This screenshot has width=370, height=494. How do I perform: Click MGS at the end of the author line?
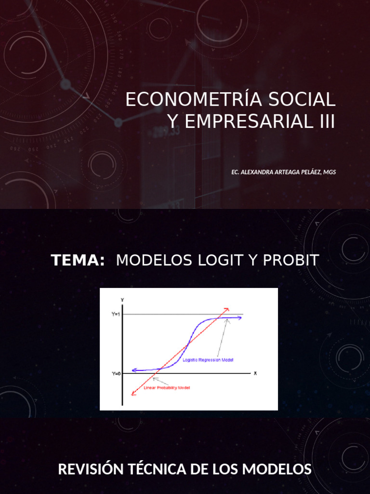tap(330, 172)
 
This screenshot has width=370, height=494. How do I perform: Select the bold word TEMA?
tap(78, 261)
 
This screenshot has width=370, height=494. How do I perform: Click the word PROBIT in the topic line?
tap(291, 261)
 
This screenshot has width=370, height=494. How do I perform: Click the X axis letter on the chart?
tap(255, 373)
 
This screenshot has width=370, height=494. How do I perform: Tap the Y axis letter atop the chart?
tap(122, 300)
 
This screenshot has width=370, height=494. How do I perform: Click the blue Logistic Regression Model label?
tap(209, 360)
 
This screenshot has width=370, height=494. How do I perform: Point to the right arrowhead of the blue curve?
tap(240, 317)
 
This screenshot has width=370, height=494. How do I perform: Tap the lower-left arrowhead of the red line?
tap(133, 394)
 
